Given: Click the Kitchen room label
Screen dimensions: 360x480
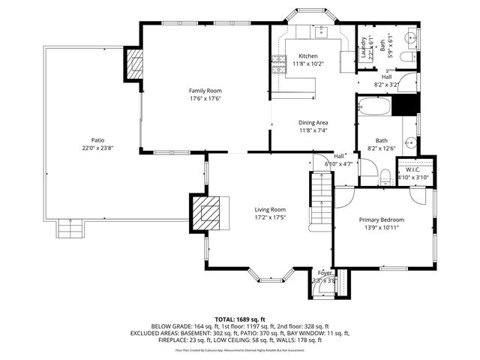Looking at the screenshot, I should (x=308, y=56).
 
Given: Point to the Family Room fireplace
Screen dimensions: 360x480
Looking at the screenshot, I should (x=133, y=63).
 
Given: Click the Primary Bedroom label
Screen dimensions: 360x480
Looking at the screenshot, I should (x=381, y=220).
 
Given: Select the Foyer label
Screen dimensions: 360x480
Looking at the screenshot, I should (x=324, y=272).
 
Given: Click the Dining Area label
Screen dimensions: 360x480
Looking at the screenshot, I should (x=313, y=123).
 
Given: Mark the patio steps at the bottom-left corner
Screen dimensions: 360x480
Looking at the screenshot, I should (x=69, y=230).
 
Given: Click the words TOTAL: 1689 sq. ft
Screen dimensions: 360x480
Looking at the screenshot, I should (x=239, y=319).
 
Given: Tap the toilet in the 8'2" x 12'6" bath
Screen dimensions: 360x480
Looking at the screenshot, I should (x=385, y=177).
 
